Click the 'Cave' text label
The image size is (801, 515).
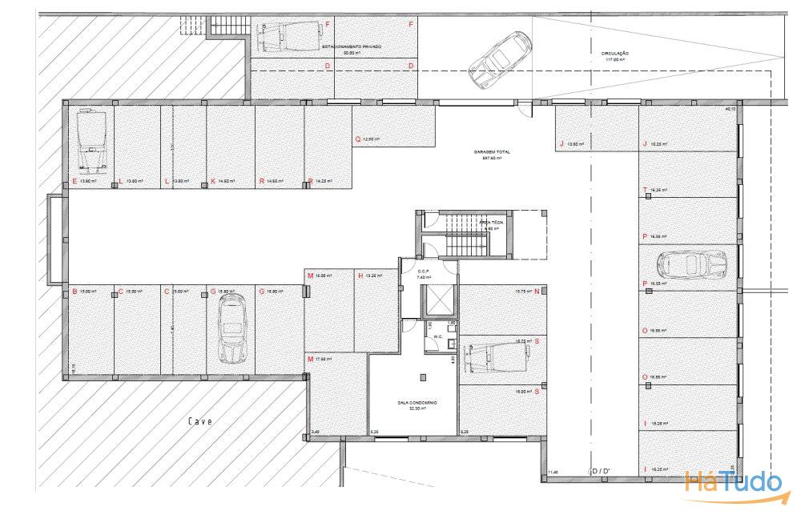pos(200,421)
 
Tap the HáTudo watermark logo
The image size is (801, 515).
pos(733,481)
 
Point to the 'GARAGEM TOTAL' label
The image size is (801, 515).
pos(491,153)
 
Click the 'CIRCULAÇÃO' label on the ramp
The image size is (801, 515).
pos(614,55)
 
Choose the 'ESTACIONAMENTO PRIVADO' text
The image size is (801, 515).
pos(351,47)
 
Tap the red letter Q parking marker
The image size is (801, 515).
pos(358,139)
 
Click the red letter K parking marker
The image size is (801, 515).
pos(212,182)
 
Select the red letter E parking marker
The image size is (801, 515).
pos(74,182)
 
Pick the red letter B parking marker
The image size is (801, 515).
pos(74,292)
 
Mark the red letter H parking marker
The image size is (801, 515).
pos(361,276)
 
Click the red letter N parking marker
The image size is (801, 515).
pos(537,292)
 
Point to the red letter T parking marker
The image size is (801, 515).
pos(645,190)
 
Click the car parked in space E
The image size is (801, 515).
pos(90,140)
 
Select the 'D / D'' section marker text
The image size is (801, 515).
pos(599,470)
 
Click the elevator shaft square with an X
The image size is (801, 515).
pos(440,301)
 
